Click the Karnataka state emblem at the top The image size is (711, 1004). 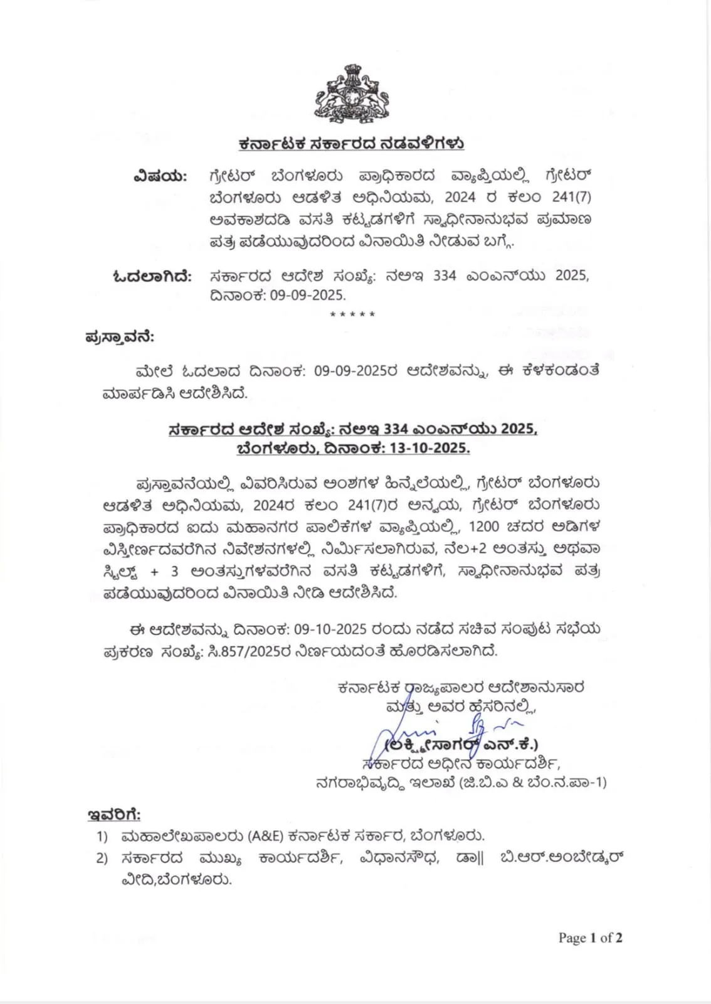[350, 94]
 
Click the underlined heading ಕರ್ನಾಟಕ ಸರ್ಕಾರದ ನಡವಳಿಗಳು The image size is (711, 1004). [350, 144]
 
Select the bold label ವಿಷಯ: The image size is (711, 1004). [160, 176]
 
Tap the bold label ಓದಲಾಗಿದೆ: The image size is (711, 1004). [152, 275]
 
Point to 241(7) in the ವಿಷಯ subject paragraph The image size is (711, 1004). [571, 197]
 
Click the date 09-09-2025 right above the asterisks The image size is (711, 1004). [308, 295]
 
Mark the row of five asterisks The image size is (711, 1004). [352, 314]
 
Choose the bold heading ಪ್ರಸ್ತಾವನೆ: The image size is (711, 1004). [120, 338]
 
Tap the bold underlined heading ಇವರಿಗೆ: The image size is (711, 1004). [113, 815]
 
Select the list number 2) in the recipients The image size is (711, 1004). [102, 858]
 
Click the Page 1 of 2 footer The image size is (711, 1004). [590, 938]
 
